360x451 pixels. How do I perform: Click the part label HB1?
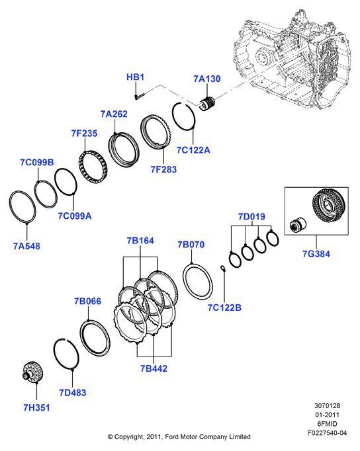(135, 77)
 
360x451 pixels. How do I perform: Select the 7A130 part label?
(207, 79)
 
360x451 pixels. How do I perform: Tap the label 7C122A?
(193, 150)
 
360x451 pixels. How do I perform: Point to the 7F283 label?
(163, 169)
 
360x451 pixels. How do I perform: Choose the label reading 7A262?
(114, 114)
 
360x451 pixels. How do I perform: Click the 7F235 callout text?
(84, 134)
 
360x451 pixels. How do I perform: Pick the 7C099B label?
(37, 162)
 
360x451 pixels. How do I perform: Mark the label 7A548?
(26, 246)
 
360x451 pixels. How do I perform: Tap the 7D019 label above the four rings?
(251, 217)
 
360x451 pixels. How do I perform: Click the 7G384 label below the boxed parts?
(316, 254)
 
